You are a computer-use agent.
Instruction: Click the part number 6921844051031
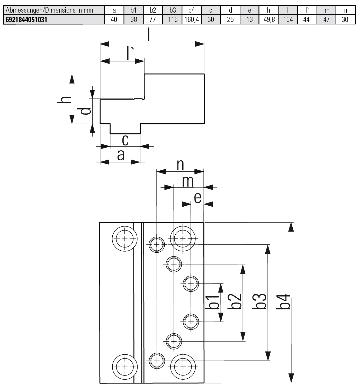click(x=26, y=20)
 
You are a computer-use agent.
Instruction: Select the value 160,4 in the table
click(x=192, y=20)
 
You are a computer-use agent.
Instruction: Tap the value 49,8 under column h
click(x=269, y=20)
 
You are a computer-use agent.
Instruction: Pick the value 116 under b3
click(x=173, y=20)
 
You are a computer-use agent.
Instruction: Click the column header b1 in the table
click(x=133, y=10)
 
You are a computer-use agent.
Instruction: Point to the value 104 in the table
click(x=288, y=20)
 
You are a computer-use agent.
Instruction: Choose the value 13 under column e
click(x=249, y=20)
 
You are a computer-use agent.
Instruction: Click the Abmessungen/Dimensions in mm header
click(x=49, y=10)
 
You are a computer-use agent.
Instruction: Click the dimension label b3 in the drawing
click(x=260, y=301)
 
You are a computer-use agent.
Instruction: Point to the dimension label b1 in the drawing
click(x=212, y=302)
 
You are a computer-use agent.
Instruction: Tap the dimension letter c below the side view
click(x=125, y=140)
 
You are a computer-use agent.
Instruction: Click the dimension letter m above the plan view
click(x=188, y=181)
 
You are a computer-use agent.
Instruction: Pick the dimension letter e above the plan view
click(x=197, y=198)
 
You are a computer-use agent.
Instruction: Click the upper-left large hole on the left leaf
click(x=125, y=239)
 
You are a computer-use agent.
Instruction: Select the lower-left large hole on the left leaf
click(x=125, y=366)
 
